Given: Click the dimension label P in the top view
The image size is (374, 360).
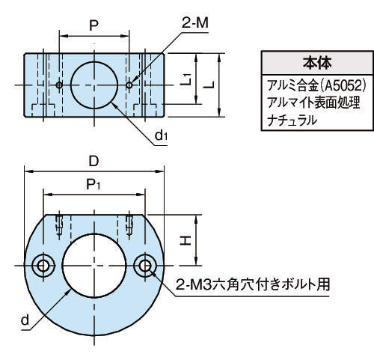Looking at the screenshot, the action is pyautogui.click(x=93, y=25).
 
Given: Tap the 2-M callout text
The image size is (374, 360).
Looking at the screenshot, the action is pyautogui.click(x=195, y=23).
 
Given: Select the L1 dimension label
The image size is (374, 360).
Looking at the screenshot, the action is pyautogui.click(x=186, y=79).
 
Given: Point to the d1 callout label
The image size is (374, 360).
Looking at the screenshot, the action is pyautogui.click(x=161, y=135).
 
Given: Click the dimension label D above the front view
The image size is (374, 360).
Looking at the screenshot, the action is pyautogui.click(x=94, y=162).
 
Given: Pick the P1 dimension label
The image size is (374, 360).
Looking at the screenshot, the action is pyautogui.click(x=93, y=185).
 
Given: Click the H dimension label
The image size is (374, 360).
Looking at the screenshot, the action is pyautogui.click(x=186, y=240).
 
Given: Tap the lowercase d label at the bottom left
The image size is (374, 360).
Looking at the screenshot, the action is pyautogui.click(x=25, y=320).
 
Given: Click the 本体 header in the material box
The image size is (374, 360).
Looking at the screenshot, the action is pyautogui.click(x=317, y=63).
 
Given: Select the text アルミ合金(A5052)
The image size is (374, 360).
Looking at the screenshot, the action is pyautogui.click(x=316, y=85).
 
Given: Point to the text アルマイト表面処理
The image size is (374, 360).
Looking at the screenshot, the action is pyautogui.click(x=313, y=103).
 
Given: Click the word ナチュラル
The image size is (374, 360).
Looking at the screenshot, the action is pyautogui.click(x=292, y=120).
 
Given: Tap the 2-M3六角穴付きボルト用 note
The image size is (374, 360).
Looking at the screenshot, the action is pyautogui.click(x=253, y=284).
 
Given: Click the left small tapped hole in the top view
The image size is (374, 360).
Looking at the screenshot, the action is pyautogui.click(x=59, y=85).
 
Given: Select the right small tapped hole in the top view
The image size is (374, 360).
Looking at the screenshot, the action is pyautogui.click(x=129, y=85).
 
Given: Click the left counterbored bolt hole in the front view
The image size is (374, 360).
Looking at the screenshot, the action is pyautogui.click(x=43, y=266).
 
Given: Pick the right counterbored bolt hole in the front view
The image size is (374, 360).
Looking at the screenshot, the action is pyautogui.click(x=145, y=266).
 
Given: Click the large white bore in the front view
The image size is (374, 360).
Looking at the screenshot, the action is pyautogui.click(x=94, y=266).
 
